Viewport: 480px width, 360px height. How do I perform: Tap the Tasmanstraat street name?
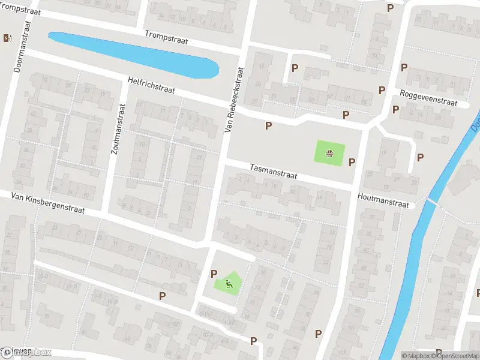pyautogui.click(x=274, y=172)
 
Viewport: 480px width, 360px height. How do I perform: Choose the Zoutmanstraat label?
pyautogui.click(x=118, y=128)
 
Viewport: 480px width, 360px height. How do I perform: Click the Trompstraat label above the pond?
pyautogui.click(x=166, y=37)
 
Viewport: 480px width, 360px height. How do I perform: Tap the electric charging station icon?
pyautogui.click(x=7, y=38)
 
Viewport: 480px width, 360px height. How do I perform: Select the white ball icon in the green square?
pyautogui.click(x=330, y=154)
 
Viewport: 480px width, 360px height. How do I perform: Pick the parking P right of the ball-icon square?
pyautogui.click(x=352, y=161)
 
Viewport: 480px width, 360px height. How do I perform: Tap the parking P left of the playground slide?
pyautogui.click(x=214, y=274)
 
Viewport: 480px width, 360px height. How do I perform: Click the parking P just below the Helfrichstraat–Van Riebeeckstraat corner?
pyautogui.click(x=268, y=125)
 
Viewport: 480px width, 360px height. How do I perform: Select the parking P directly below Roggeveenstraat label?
pyautogui.click(x=395, y=109)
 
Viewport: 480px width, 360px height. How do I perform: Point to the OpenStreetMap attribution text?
pyautogui.click(x=455, y=356)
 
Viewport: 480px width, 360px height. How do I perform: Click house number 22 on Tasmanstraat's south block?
pyautogui.click(x=326, y=261)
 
